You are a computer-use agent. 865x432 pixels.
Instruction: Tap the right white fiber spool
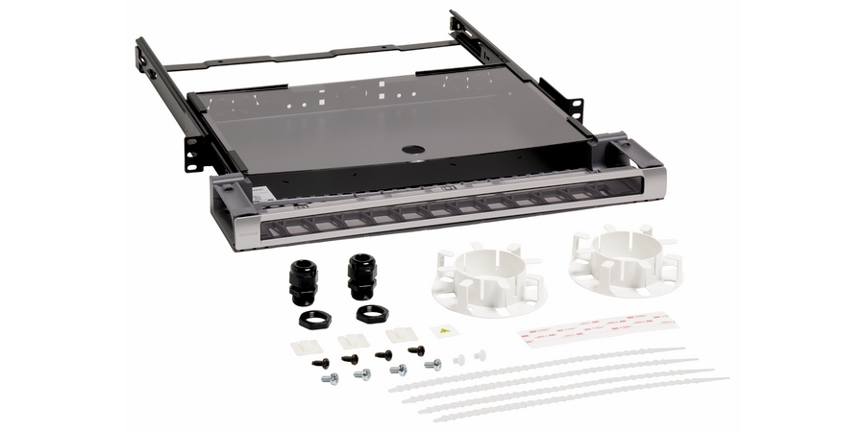click(x=623, y=262)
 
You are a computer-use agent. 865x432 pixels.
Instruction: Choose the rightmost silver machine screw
click(x=432, y=365)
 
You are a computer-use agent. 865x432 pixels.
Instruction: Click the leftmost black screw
click(x=320, y=363)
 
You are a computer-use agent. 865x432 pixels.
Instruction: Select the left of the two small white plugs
click(x=458, y=359)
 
